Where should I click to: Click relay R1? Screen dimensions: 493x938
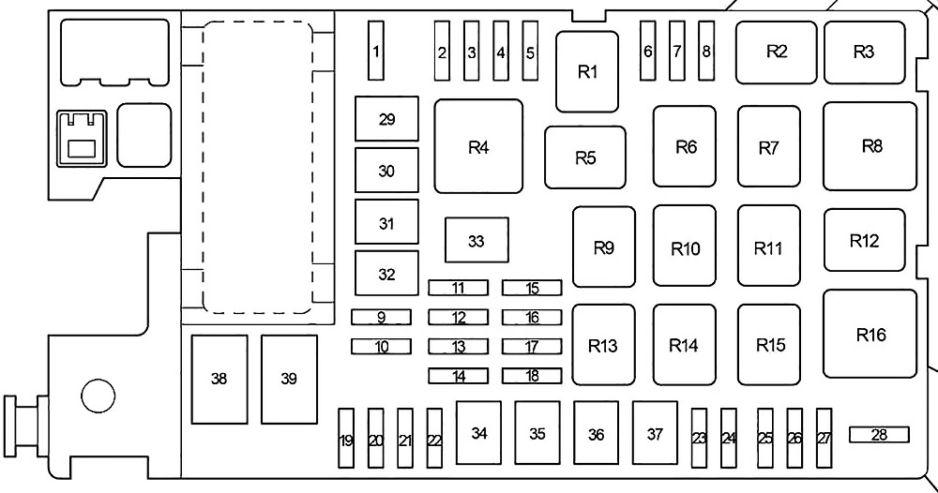click(x=587, y=72)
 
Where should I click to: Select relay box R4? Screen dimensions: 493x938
click(x=478, y=146)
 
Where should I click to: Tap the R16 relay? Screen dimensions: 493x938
click(x=870, y=334)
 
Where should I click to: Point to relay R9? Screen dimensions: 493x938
click(x=604, y=247)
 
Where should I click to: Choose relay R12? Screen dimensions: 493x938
click(x=865, y=240)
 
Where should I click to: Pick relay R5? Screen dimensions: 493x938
click(x=585, y=157)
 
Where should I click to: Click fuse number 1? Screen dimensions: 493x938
click(x=376, y=51)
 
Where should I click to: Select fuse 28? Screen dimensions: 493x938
click(x=879, y=434)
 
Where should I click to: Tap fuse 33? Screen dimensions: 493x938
click(x=477, y=241)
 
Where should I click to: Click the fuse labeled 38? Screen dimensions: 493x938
click(x=219, y=379)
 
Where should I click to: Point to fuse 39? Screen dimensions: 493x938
click(x=288, y=379)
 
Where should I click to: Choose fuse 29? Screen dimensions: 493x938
click(x=386, y=120)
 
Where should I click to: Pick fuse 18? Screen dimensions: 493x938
click(x=532, y=376)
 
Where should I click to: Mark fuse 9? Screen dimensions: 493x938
click(x=381, y=317)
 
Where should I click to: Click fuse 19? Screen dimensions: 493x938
click(x=346, y=438)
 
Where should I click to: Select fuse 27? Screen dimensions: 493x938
click(x=825, y=437)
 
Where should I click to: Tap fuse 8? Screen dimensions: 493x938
click(x=706, y=51)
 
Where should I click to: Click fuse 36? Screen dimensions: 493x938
click(x=597, y=434)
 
